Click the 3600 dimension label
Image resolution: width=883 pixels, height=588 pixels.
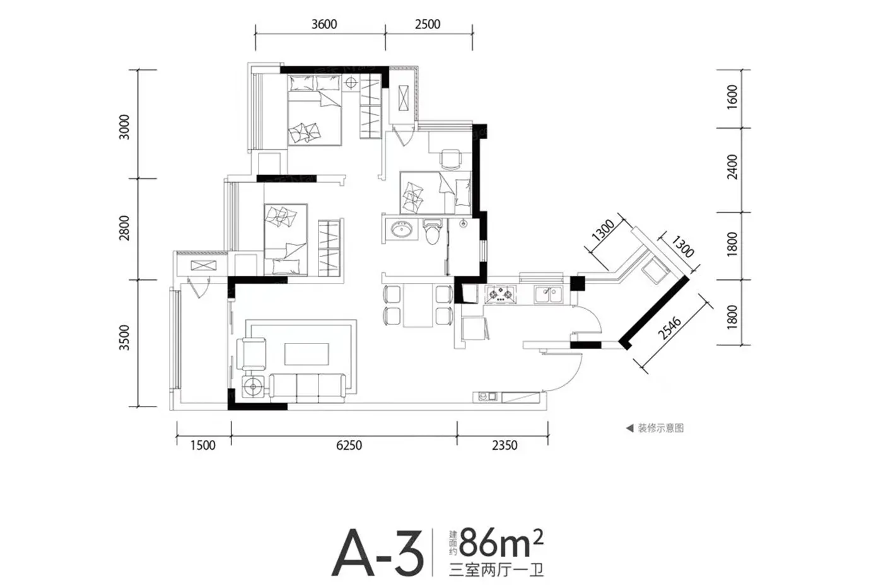click(324, 25)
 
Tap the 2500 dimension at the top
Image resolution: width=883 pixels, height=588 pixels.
click(428, 25)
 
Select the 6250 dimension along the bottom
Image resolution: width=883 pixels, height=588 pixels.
click(349, 446)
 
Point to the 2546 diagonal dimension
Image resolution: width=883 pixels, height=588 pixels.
click(670, 328)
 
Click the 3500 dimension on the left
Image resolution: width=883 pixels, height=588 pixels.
click(124, 338)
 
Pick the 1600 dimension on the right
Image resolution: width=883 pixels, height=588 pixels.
click(732, 97)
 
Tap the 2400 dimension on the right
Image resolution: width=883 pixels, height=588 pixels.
click(732, 167)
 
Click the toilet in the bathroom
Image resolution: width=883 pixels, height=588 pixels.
click(433, 231)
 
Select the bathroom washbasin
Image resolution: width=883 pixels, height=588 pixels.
click(401, 229)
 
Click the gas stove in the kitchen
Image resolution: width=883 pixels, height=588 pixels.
click(500, 294)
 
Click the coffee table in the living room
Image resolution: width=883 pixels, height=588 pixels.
click(307, 354)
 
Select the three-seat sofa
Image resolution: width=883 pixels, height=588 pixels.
click(308, 388)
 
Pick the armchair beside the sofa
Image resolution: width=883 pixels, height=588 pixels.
click(251, 354)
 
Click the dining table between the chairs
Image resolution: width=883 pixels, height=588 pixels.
click(418, 306)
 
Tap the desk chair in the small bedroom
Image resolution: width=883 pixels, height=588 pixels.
click(450, 159)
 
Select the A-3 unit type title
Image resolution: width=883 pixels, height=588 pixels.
click(378, 553)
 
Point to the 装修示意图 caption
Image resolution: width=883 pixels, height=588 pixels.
click(661, 428)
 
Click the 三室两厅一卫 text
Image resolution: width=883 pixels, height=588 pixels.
click(496, 570)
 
